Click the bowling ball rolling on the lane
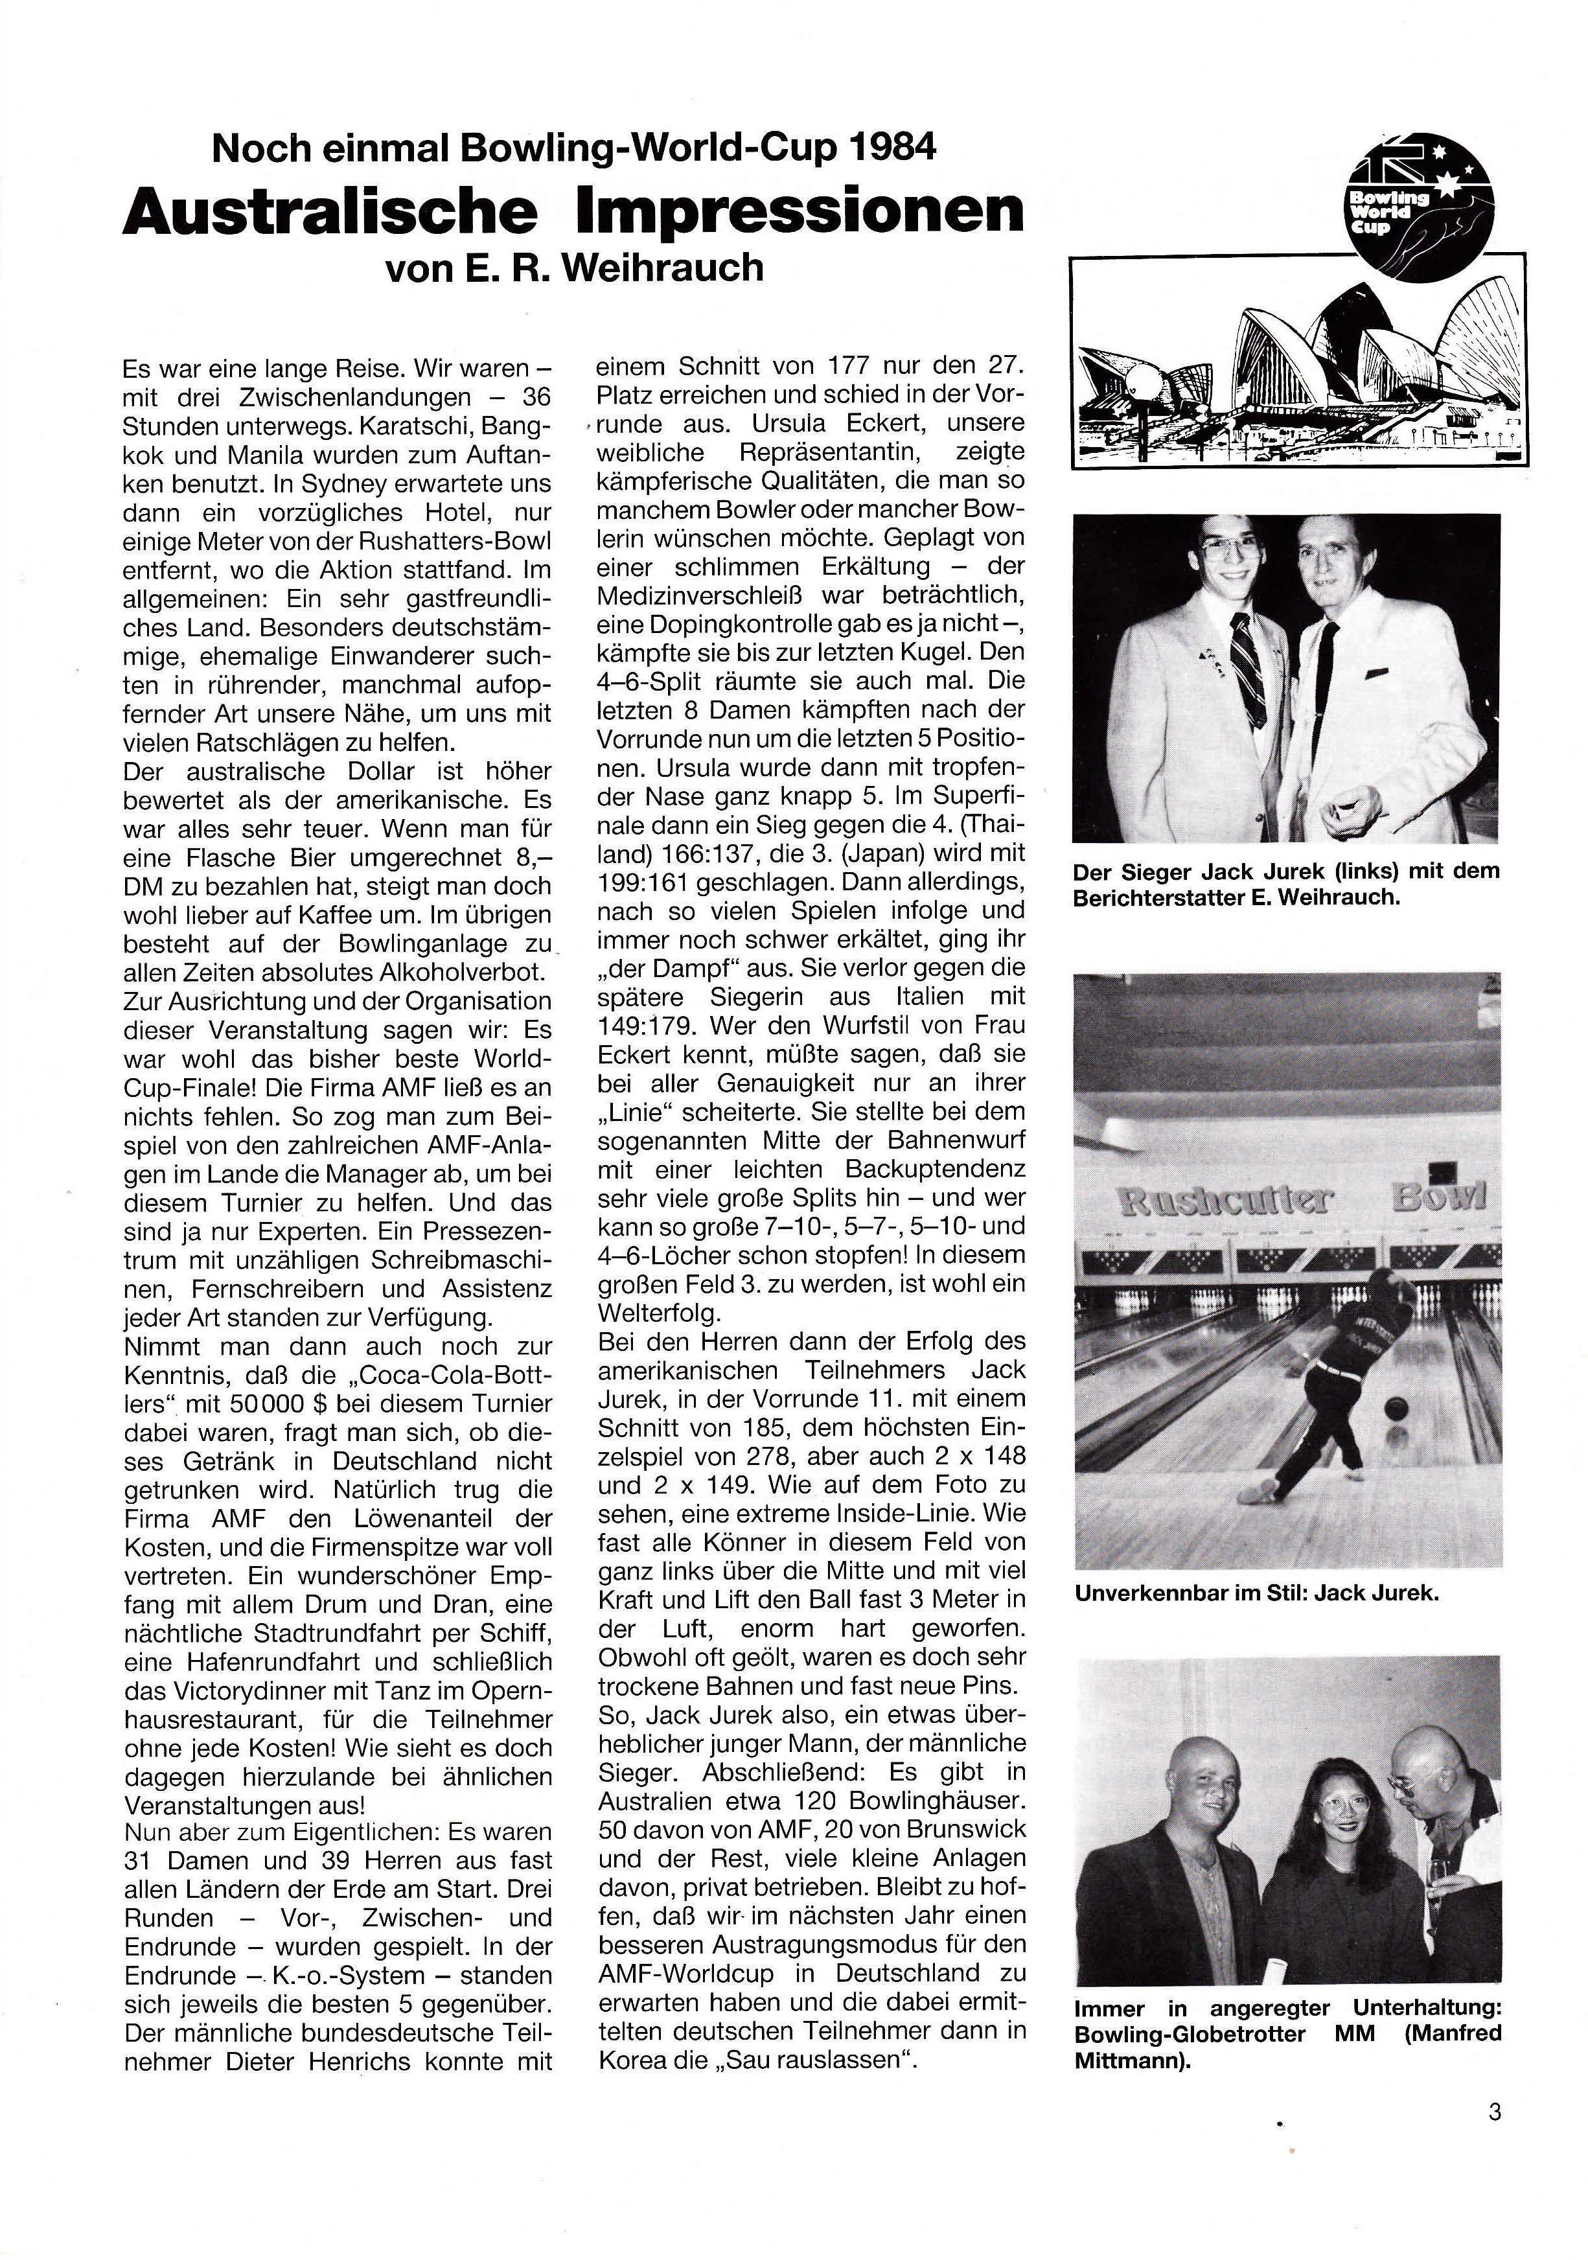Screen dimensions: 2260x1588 [1395, 1409]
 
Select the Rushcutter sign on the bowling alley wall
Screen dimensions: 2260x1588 [1225, 1201]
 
